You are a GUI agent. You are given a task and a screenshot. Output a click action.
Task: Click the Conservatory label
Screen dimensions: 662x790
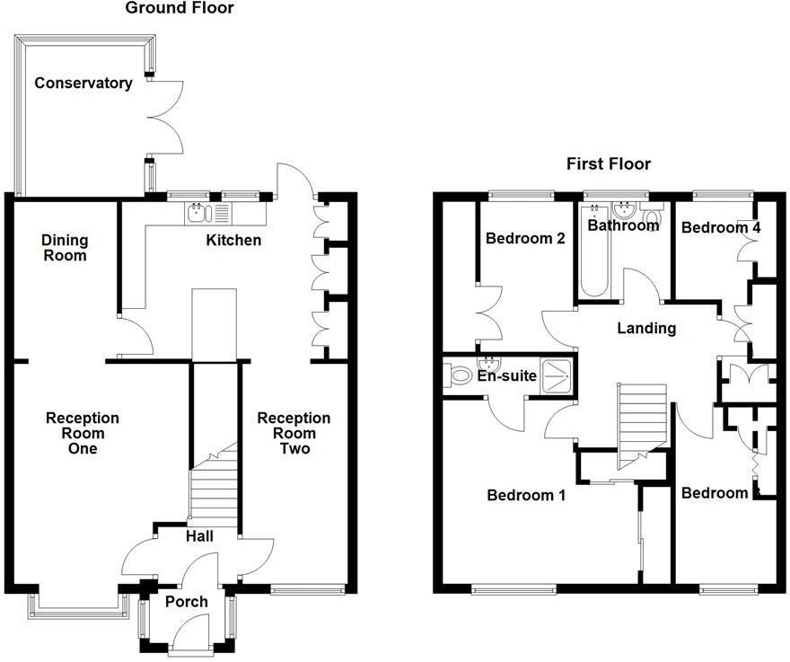click(83, 84)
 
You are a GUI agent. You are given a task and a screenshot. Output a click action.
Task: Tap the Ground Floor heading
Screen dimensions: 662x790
click(179, 9)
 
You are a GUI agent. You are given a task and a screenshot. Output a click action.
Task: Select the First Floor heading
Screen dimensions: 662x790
click(608, 163)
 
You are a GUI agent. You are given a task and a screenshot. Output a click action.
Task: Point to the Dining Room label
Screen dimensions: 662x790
click(65, 247)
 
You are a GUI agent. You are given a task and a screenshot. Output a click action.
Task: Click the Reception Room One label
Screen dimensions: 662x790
click(83, 433)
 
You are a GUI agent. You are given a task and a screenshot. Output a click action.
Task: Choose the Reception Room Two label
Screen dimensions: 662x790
click(294, 433)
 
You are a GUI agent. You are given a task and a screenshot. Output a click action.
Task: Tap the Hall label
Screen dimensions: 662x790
click(198, 536)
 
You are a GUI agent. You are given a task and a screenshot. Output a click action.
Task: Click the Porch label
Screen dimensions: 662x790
click(187, 601)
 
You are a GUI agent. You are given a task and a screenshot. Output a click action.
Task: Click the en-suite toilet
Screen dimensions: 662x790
click(458, 375)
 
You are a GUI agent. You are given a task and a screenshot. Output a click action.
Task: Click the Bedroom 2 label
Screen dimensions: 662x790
click(524, 239)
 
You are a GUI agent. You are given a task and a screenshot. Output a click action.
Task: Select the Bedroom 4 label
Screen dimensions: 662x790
click(721, 228)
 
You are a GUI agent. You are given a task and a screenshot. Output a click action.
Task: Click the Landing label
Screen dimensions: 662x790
click(646, 329)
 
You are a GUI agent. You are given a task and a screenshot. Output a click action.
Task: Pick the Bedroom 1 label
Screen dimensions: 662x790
click(525, 495)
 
